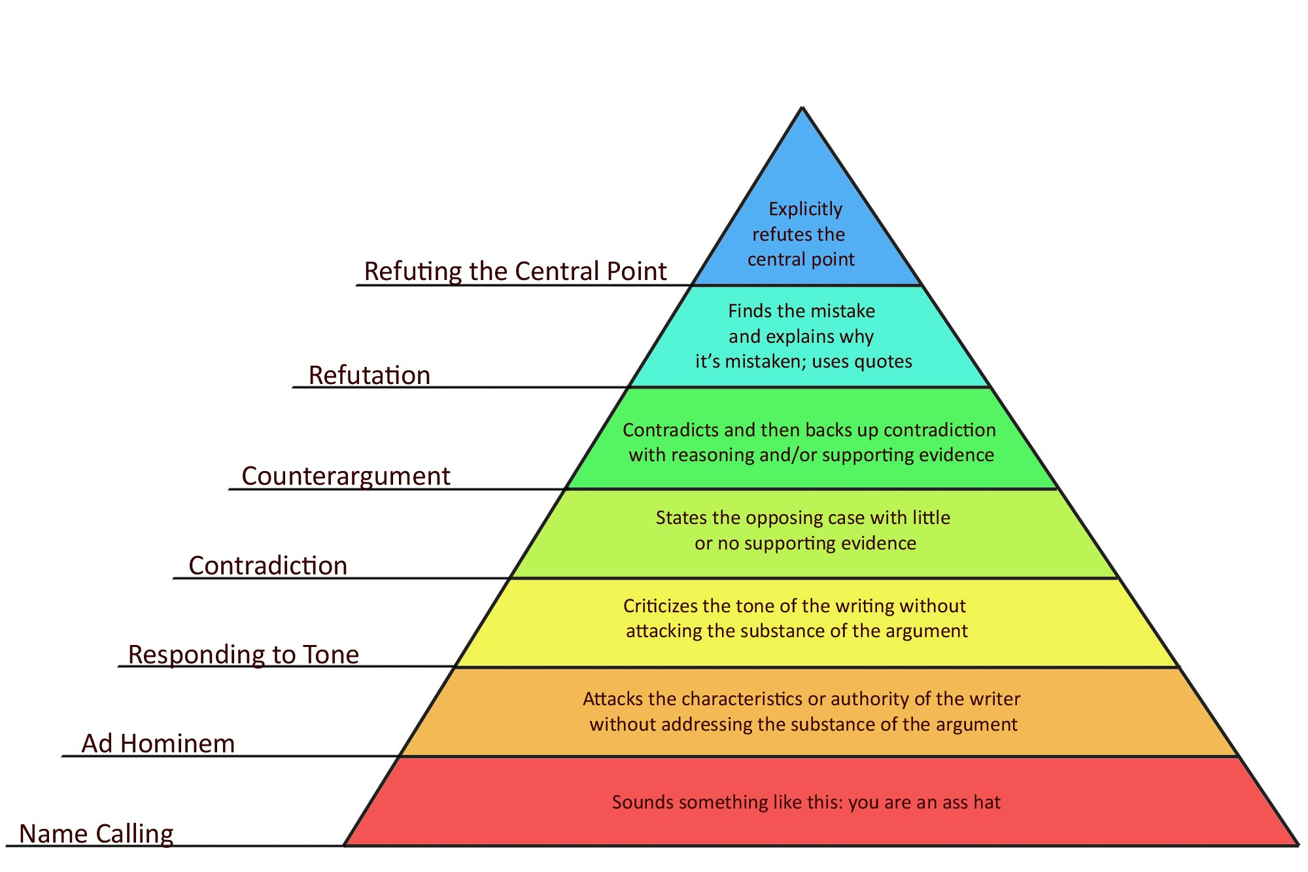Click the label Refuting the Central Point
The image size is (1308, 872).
point(515,271)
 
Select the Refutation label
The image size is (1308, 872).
point(370,375)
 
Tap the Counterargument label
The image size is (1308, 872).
point(346,476)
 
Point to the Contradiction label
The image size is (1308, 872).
point(268,566)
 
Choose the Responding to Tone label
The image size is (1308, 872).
point(243,655)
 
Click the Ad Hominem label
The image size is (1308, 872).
point(158,744)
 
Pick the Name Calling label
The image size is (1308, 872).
point(97,834)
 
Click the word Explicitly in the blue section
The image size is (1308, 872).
point(805,209)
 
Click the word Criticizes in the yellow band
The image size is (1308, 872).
point(660,606)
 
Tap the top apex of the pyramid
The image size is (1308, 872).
point(802,109)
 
